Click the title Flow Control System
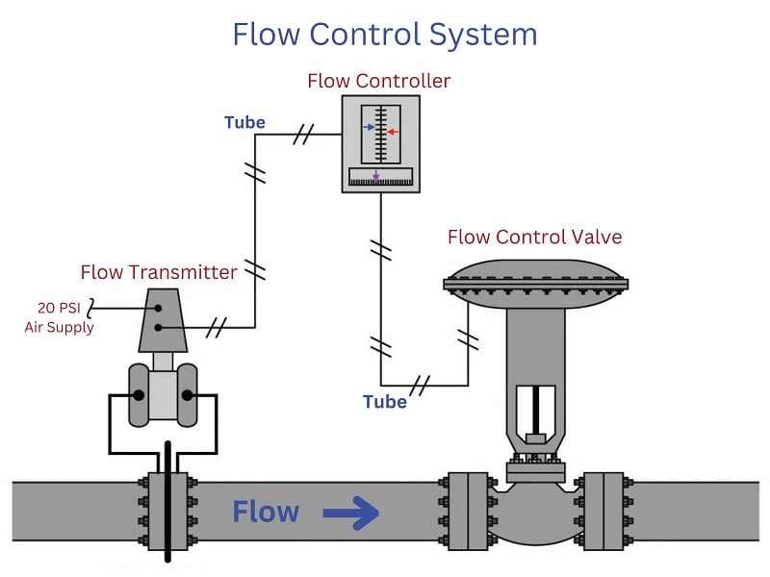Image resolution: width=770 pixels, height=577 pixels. tap(385, 35)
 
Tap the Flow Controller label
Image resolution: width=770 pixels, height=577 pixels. tap(378, 81)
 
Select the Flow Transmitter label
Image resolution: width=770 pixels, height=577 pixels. tap(159, 272)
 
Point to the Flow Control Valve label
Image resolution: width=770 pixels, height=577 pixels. tap(534, 237)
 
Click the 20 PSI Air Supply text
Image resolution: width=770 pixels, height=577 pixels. tap(60, 317)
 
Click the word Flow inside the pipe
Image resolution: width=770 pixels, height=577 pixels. tap(266, 513)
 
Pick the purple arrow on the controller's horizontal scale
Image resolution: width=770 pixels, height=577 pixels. tap(376, 176)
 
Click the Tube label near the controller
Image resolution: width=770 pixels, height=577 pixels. tap(244, 122)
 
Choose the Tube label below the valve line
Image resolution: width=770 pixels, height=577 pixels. tap(385, 402)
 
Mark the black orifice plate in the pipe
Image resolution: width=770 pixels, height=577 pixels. tap(168, 500)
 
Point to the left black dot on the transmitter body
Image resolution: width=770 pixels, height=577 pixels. tap(140, 395)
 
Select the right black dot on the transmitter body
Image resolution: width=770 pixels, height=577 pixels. tap(189, 395)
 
